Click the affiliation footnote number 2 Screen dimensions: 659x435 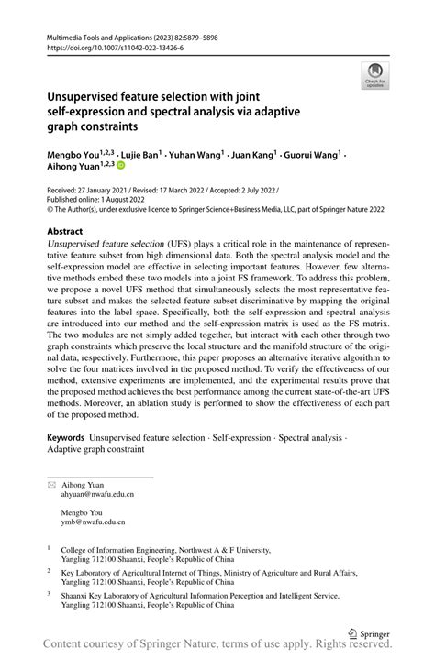(x=49, y=569)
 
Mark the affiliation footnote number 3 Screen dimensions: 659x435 (x=49, y=593)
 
